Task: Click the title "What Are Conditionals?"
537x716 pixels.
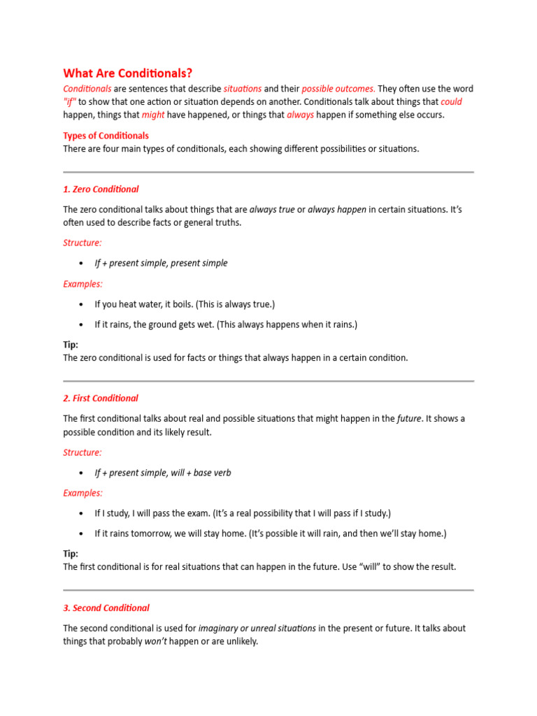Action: [x=128, y=73]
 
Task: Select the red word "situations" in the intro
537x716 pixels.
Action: [x=243, y=89]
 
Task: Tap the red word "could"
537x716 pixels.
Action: [x=451, y=101]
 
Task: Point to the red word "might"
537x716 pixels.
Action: [x=153, y=115]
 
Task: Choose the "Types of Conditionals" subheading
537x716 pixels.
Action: [x=106, y=136]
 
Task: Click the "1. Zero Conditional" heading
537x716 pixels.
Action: [x=101, y=189]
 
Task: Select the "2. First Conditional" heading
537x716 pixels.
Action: [x=101, y=398]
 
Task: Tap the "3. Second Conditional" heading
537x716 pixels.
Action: [x=106, y=608]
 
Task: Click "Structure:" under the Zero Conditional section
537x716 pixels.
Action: [x=83, y=243]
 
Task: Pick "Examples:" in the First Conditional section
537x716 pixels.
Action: [x=83, y=493]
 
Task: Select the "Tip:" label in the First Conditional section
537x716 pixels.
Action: [x=71, y=554]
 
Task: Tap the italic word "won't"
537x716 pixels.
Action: [x=157, y=641]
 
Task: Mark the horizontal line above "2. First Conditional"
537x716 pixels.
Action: [x=268, y=381]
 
